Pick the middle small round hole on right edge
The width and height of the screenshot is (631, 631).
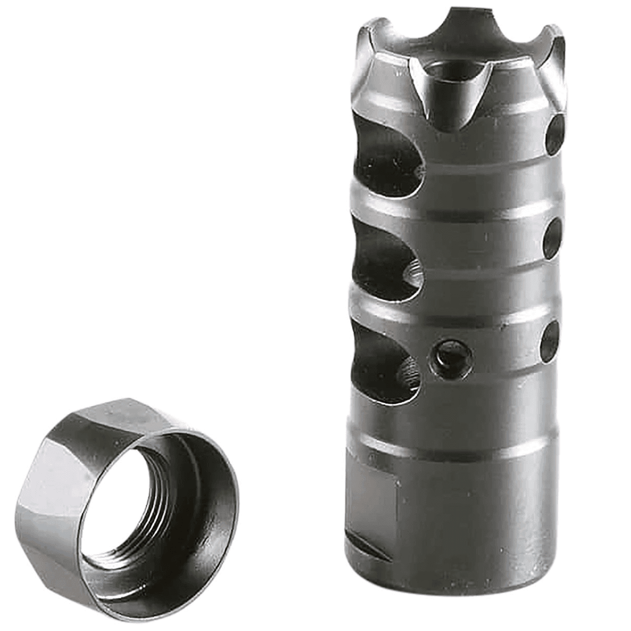point(552,239)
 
